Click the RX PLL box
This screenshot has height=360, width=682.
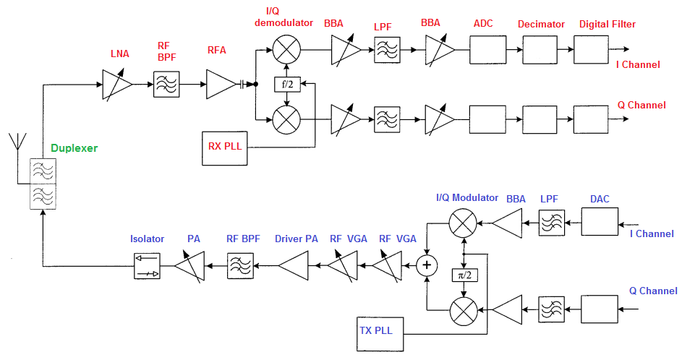tap(225, 146)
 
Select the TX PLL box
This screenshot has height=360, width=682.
tap(380, 332)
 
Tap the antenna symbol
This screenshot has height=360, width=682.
tap(16, 144)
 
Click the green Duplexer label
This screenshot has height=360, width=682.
tap(74, 148)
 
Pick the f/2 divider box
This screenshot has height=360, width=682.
tap(287, 84)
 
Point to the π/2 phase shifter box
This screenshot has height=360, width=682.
tap(463, 276)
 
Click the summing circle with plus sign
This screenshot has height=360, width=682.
tap(427, 266)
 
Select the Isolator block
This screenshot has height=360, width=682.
tap(148, 266)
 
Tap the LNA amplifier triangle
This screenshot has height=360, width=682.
tap(116, 84)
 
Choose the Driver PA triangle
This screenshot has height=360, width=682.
tap(293, 266)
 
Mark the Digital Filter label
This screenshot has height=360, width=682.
tap(608, 25)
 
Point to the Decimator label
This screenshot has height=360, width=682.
tap(541, 25)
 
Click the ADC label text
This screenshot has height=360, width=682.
tap(483, 24)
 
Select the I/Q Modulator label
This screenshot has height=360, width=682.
tap(467, 197)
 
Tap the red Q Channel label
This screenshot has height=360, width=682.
tap(641, 106)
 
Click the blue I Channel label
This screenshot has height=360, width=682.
tap(652, 233)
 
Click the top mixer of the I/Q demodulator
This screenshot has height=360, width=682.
tap(287, 50)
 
